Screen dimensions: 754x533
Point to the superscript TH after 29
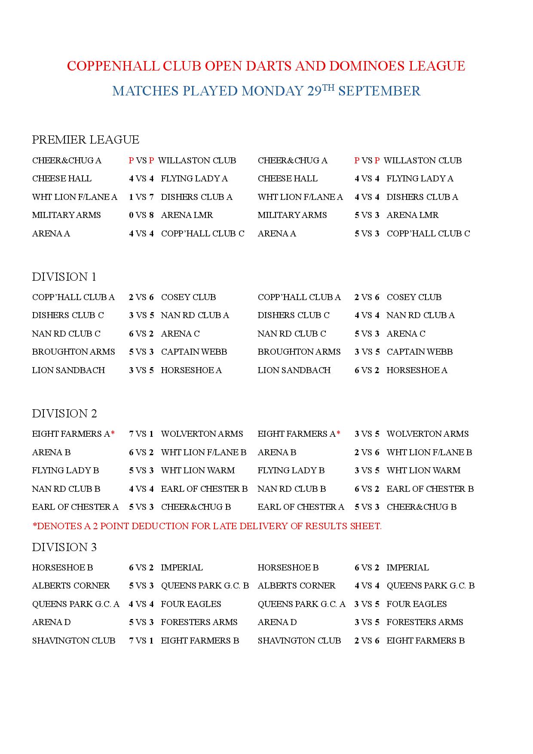pyautogui.click(x=328, y=87)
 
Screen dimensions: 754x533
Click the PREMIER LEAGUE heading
pyautogui.click(x=86, y=140)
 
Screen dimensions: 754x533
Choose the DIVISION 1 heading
pyautogui.click(x=64, y=277)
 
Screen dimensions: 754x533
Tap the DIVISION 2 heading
pyautogui.click(x=64, y=414)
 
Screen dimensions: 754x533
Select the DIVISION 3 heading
pyautogui.click(x=64, y=547)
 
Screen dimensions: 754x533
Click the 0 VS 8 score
pyautogui.click(x=141, y=215)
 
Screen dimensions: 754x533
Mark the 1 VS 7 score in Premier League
pyautogui.click(x=141, y=197)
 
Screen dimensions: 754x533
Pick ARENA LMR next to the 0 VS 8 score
pyautogui.click(x=187, y=215)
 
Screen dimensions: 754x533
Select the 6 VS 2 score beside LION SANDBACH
pyautogui.click(x=367, y=371)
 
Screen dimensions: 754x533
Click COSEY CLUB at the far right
pyautogui.click(x=414, y=297)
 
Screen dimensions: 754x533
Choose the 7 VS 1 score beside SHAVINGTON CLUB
pyautogui.click(x=141, y=641)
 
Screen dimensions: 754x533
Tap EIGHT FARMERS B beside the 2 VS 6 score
pyautogui.click(x=426, y=641)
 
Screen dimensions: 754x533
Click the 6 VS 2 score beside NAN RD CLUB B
pyautogui.click(x=367, y=489)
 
